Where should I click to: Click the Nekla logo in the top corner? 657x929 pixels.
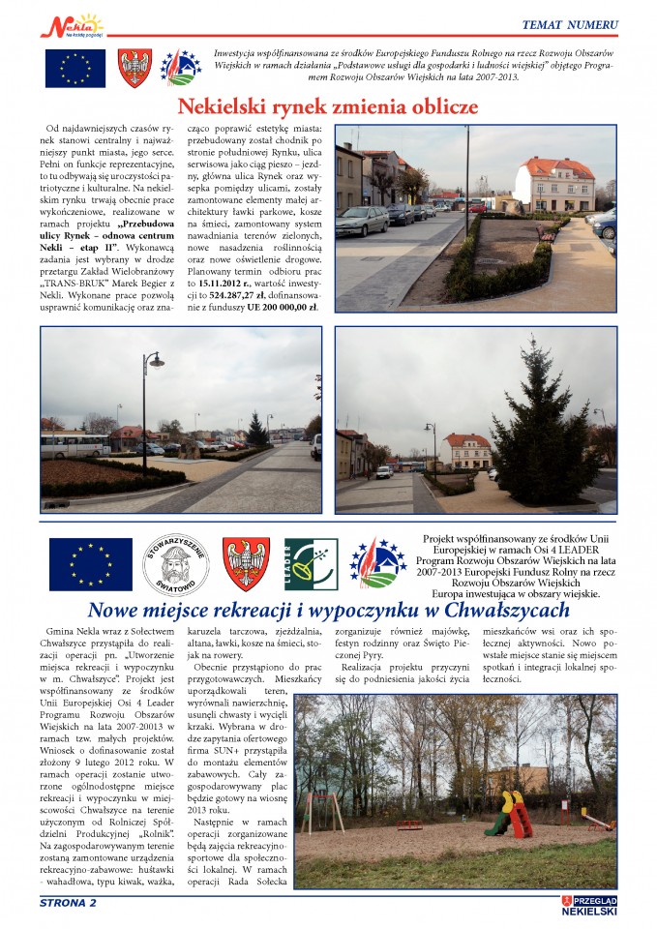tap(70, 23)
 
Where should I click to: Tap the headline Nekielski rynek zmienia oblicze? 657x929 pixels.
tap(327, 106)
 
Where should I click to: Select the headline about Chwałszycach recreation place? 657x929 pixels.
tap(328, 611)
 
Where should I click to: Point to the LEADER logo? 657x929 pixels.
tap(311, 564)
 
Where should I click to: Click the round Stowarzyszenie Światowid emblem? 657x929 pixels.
tap(175, 564)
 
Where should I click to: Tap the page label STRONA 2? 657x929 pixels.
tap(68, 904)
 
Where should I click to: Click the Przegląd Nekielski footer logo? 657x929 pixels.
tap(589, 906)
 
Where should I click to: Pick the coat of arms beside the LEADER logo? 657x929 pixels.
tap(246, 564)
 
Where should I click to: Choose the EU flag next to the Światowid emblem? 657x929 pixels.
tap(90, 564)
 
